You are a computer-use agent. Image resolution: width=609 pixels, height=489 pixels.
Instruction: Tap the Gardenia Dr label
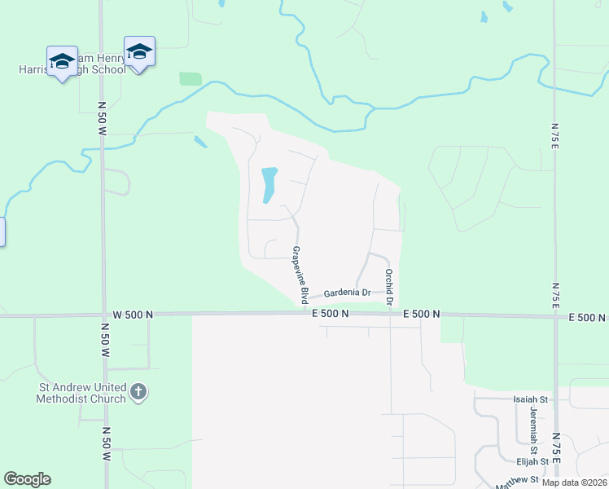tap(347, 293)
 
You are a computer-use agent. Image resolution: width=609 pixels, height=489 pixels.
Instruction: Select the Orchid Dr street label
tap(389, 288)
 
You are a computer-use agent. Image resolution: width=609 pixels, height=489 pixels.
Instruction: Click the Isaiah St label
tap(531, 399)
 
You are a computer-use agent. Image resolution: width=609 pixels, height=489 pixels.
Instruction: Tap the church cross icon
tap(138, 393)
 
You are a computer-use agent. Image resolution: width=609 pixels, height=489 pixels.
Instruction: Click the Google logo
tap(27, 479)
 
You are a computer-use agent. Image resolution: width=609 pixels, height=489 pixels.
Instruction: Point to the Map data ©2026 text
tap(574, 482)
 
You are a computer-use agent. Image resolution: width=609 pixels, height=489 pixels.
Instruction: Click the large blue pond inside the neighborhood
tap(268, 185)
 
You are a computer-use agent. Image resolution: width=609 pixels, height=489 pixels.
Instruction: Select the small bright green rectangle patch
tap(191, 79)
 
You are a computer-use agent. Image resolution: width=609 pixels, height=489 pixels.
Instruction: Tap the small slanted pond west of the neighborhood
tap(200, 142)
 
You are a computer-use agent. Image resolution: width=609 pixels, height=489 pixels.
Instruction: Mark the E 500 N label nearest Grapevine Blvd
tap(330, 314)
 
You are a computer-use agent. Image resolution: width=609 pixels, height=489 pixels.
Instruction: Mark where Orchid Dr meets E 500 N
tap(390, 314)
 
